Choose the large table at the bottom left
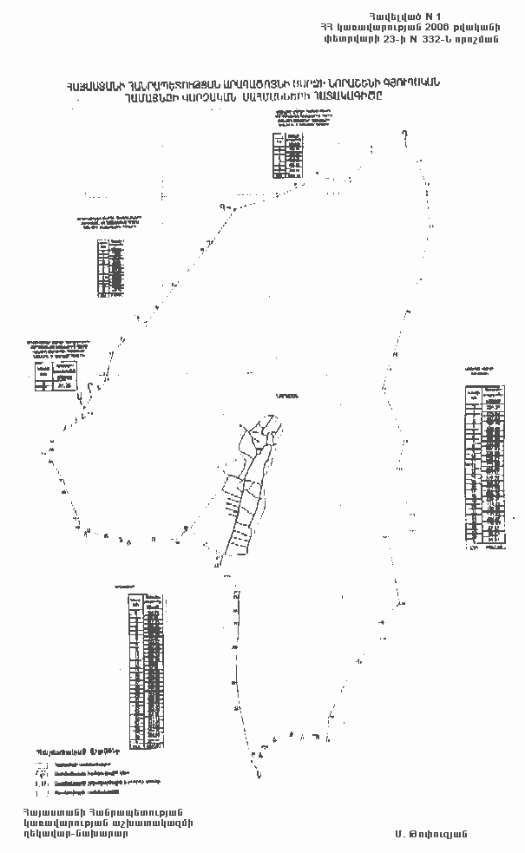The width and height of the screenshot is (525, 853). click(x=146, y=669)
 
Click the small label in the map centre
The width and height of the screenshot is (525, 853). click(x=285, y=396)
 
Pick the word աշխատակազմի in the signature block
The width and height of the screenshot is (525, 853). click(x=155, y=821)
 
